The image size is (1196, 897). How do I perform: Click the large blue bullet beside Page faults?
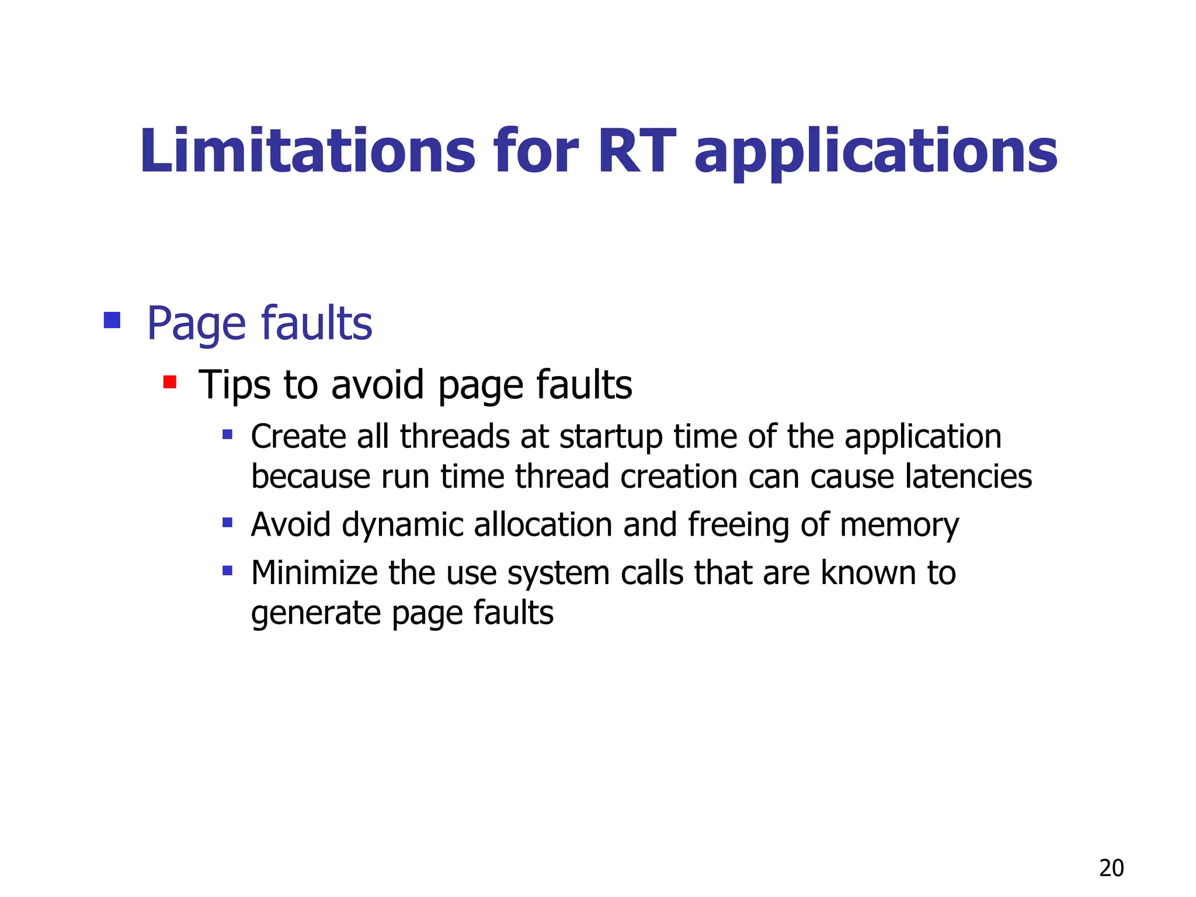point(112,320)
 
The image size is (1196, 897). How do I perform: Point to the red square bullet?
point(170,383)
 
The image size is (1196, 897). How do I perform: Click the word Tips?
point(235,385)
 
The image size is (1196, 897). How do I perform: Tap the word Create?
point(298,436)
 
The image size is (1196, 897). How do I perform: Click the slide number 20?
point(1111,868)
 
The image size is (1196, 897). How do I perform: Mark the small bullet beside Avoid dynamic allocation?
point(228,523)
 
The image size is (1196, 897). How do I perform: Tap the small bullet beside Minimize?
point(228,571)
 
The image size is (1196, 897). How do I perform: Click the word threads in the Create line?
point(455,436)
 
